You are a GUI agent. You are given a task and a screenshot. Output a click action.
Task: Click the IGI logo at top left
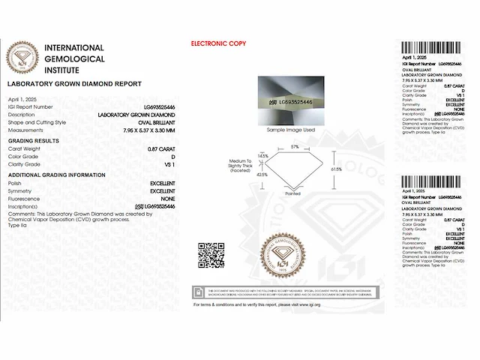tap(22, 57)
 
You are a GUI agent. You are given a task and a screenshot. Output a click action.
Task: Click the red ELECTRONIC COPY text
tap(218, 44)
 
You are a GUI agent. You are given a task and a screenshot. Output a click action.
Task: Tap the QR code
tap(211, 255)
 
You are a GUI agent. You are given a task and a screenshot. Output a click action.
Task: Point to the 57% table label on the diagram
tap(295, 146)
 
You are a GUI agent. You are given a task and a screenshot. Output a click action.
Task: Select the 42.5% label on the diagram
tap(262, 174)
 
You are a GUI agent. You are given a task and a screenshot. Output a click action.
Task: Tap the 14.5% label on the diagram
tap(262, 156)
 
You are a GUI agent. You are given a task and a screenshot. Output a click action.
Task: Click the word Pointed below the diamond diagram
tap(292, 193)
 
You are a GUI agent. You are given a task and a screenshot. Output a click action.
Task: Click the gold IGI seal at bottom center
tap(284, 256)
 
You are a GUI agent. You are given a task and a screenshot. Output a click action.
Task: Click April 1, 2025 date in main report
tap(22, 99)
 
